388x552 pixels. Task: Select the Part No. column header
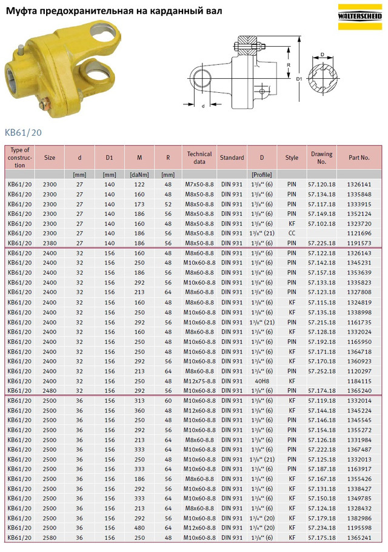359,158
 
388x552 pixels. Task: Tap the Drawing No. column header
322,158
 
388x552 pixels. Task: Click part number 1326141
359,184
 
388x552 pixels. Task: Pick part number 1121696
359,233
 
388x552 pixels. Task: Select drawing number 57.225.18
322,243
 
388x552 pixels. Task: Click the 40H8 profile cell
261,381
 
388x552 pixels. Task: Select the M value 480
139,528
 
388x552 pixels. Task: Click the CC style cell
292,233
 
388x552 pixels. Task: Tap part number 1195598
359,528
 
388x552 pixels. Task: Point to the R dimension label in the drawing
290,64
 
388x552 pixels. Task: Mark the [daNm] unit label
139,174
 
